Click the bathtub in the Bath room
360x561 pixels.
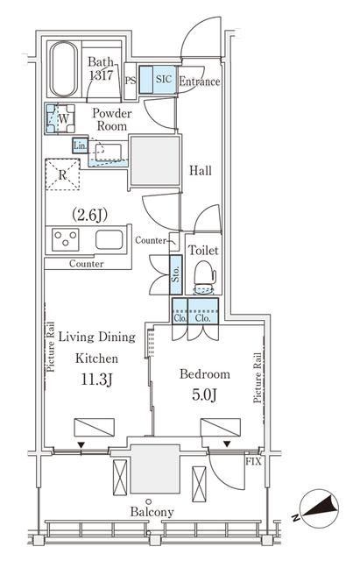click(63, 70)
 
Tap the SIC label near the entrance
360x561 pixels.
click(164, 79)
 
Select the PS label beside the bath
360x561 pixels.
click(131, 81)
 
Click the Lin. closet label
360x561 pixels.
click(80, 146)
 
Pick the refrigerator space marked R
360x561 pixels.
click(62, 174)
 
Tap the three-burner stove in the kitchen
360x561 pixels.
click(66, 239)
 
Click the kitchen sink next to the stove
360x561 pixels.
click(109, 239)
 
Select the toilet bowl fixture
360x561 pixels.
click(204, 277)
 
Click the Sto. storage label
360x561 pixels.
click(176, 274)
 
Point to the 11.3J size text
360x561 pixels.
click(97, 380)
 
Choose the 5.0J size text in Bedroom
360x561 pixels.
click(204, 395)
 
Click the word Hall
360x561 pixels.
click(201, 171)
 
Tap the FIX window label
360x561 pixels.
click(253, 462)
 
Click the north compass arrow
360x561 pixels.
click(320, 508)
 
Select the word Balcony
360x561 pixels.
click(152, 512)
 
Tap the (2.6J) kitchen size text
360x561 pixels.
click(89, 215)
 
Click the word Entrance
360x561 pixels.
click(199, 82)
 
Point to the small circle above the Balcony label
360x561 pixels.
click(149, 501)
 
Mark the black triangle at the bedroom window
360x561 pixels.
click(227, 444)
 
